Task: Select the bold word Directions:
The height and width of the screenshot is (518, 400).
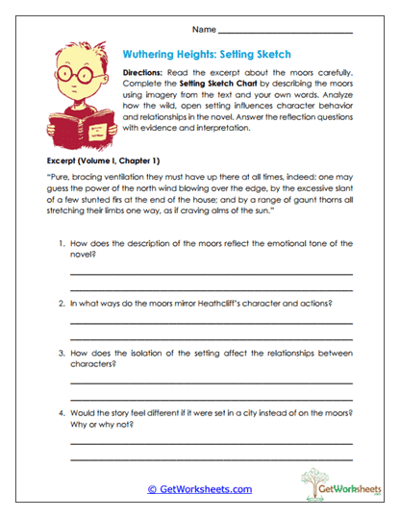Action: point(147,73)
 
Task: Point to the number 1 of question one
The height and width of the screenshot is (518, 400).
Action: point(61,245)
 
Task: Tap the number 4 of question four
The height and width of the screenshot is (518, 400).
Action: point(61,412)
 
